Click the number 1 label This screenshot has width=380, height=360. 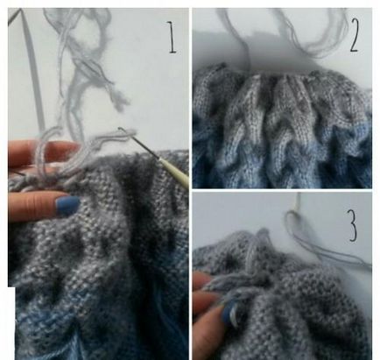pyautogui.click(x=172, y=37)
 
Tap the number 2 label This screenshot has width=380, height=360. pyautogui.click(x=354, y=35)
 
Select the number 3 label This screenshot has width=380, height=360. pyautogui.click(x=353, y=225)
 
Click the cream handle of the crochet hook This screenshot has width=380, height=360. pyautogui.click(x=172, y=172)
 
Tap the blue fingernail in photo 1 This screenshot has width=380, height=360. pyautogui.click(x=67, y=206)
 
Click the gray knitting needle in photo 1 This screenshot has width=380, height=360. pyautogui.click(x=32, y=68)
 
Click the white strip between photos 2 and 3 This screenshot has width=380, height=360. pyautogui.click(x=282, y=190)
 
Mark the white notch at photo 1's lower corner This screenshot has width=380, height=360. pyautogui.click(x=11, y=323)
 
